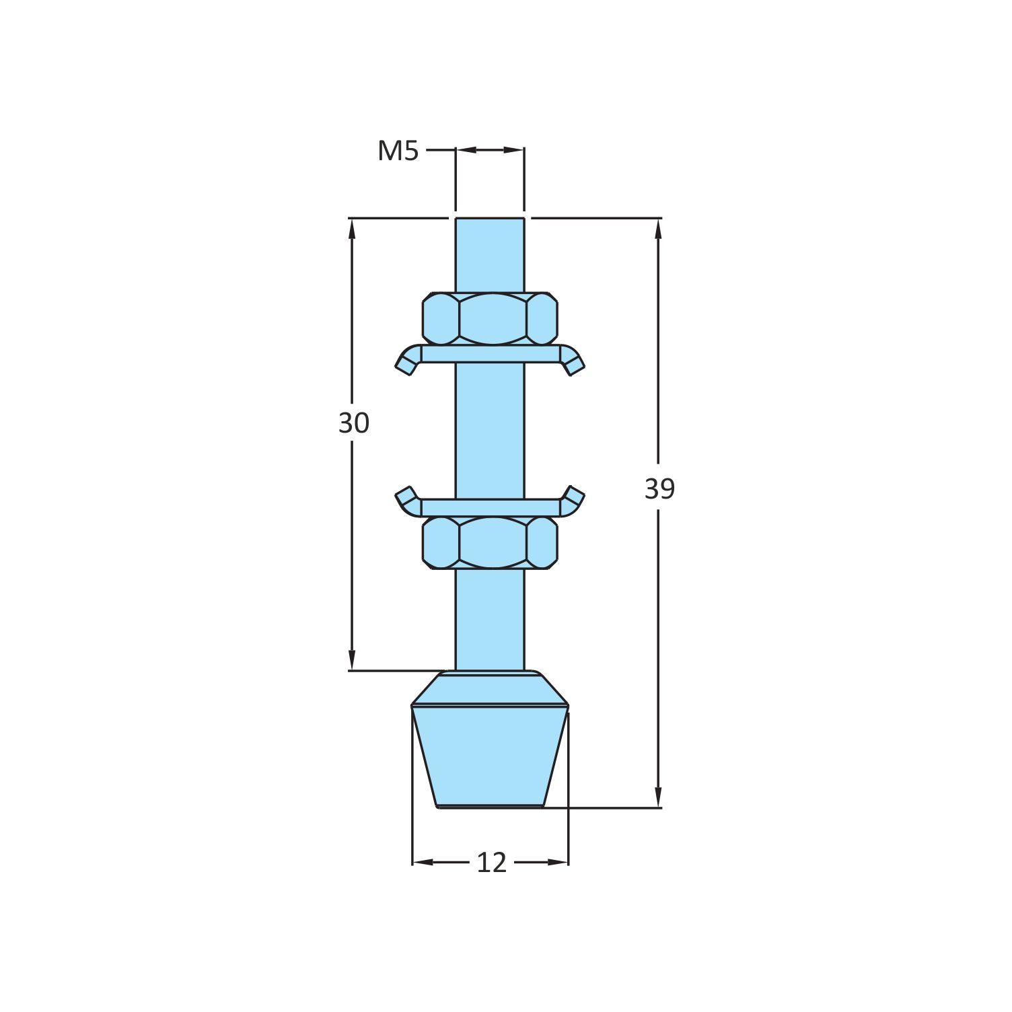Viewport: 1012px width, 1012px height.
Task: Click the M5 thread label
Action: coord(398,151)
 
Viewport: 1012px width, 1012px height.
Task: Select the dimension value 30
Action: coord(353,423)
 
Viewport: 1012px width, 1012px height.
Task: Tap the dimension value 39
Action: coord(659,489)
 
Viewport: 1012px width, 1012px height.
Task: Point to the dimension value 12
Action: coord(491,863)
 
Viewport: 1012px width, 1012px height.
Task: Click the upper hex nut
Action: coord(490,318)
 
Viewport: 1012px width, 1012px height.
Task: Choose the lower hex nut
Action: coord(490,542)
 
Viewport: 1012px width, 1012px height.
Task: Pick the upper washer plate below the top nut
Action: coord(490,354)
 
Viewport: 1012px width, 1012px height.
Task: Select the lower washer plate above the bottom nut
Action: coord(490,507)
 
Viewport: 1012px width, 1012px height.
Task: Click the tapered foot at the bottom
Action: coord(490,754)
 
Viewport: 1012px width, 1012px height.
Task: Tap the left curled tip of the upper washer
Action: coord(406,363)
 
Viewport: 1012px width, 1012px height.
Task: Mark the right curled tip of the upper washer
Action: coord(574,363)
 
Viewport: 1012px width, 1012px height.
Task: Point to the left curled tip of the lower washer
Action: coord(406,497)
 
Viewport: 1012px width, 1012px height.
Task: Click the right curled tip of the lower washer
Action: coord(574,497)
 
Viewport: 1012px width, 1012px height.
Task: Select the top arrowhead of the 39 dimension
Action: coord(658,229)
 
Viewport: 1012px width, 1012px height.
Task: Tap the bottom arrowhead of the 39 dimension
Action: coord(658,797)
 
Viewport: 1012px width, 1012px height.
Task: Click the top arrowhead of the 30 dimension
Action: coord(351,229)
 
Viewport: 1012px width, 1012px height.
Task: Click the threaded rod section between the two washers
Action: coord(490,431)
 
